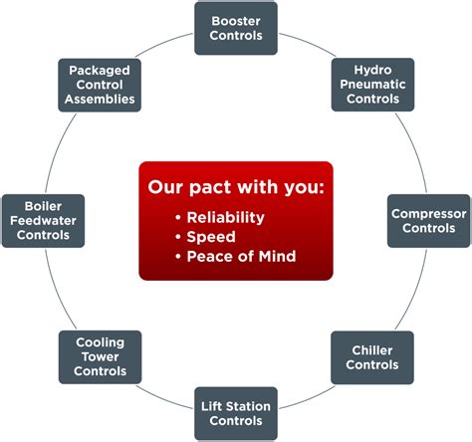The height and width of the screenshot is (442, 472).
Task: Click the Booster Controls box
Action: click(237, 28)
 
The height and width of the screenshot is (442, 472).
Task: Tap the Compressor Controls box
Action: click(428, 220)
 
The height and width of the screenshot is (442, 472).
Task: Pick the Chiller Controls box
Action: click(371, 357)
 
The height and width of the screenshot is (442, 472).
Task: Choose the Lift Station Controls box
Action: click(237, 413)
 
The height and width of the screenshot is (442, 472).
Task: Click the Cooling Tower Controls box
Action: click(100, 357)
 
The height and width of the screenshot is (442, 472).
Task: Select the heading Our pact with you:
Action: click(236, 188)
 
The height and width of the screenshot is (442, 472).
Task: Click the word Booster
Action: click(237, 20)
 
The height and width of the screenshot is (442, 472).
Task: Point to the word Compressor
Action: click(428, 213)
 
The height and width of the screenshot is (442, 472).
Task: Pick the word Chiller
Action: click(371, 350)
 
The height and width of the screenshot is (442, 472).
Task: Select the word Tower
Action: click(100, 357)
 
